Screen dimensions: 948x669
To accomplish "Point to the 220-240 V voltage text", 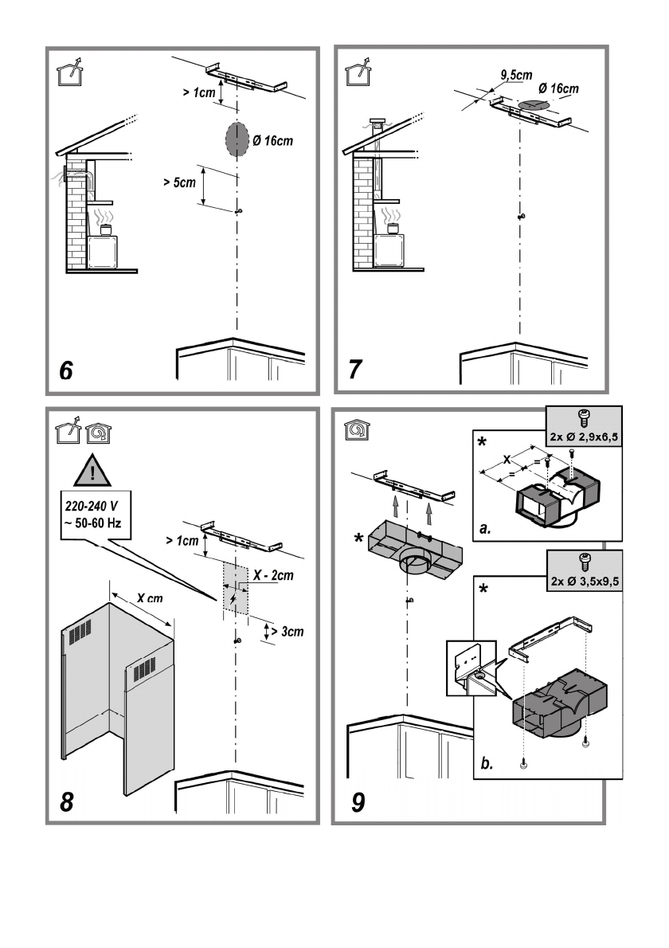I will coord(88,504).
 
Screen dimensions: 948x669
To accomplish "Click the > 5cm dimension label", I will coord(178,184).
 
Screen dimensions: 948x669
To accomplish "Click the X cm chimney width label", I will coord(146,598).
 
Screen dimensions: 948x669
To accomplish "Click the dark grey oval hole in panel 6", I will coord(237,141).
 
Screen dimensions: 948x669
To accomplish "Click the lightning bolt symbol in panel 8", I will coord(233,598).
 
